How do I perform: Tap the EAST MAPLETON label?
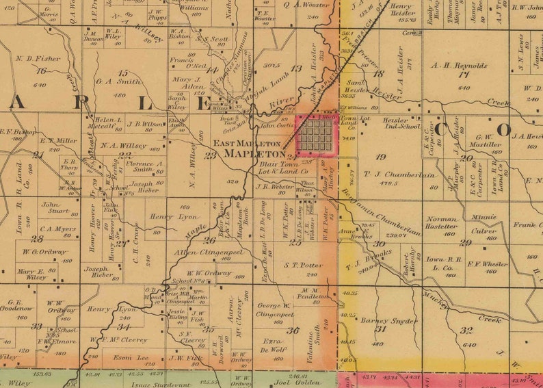coord(247,144)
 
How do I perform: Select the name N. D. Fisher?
coord(38,58)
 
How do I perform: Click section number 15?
coord(122,73)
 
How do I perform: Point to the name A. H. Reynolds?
coord(459,66)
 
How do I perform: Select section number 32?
coord(466,330)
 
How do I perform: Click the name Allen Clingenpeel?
coord(211,253)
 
